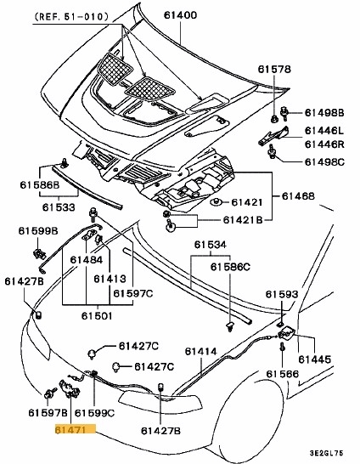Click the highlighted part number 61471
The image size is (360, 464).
coord(70,431)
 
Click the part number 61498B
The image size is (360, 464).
coord(324,112)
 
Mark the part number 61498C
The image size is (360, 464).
coord(324,161)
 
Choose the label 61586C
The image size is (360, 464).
coord(231,267)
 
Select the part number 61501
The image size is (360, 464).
coord(97,315)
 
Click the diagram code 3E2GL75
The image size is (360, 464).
coord(333,455)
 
